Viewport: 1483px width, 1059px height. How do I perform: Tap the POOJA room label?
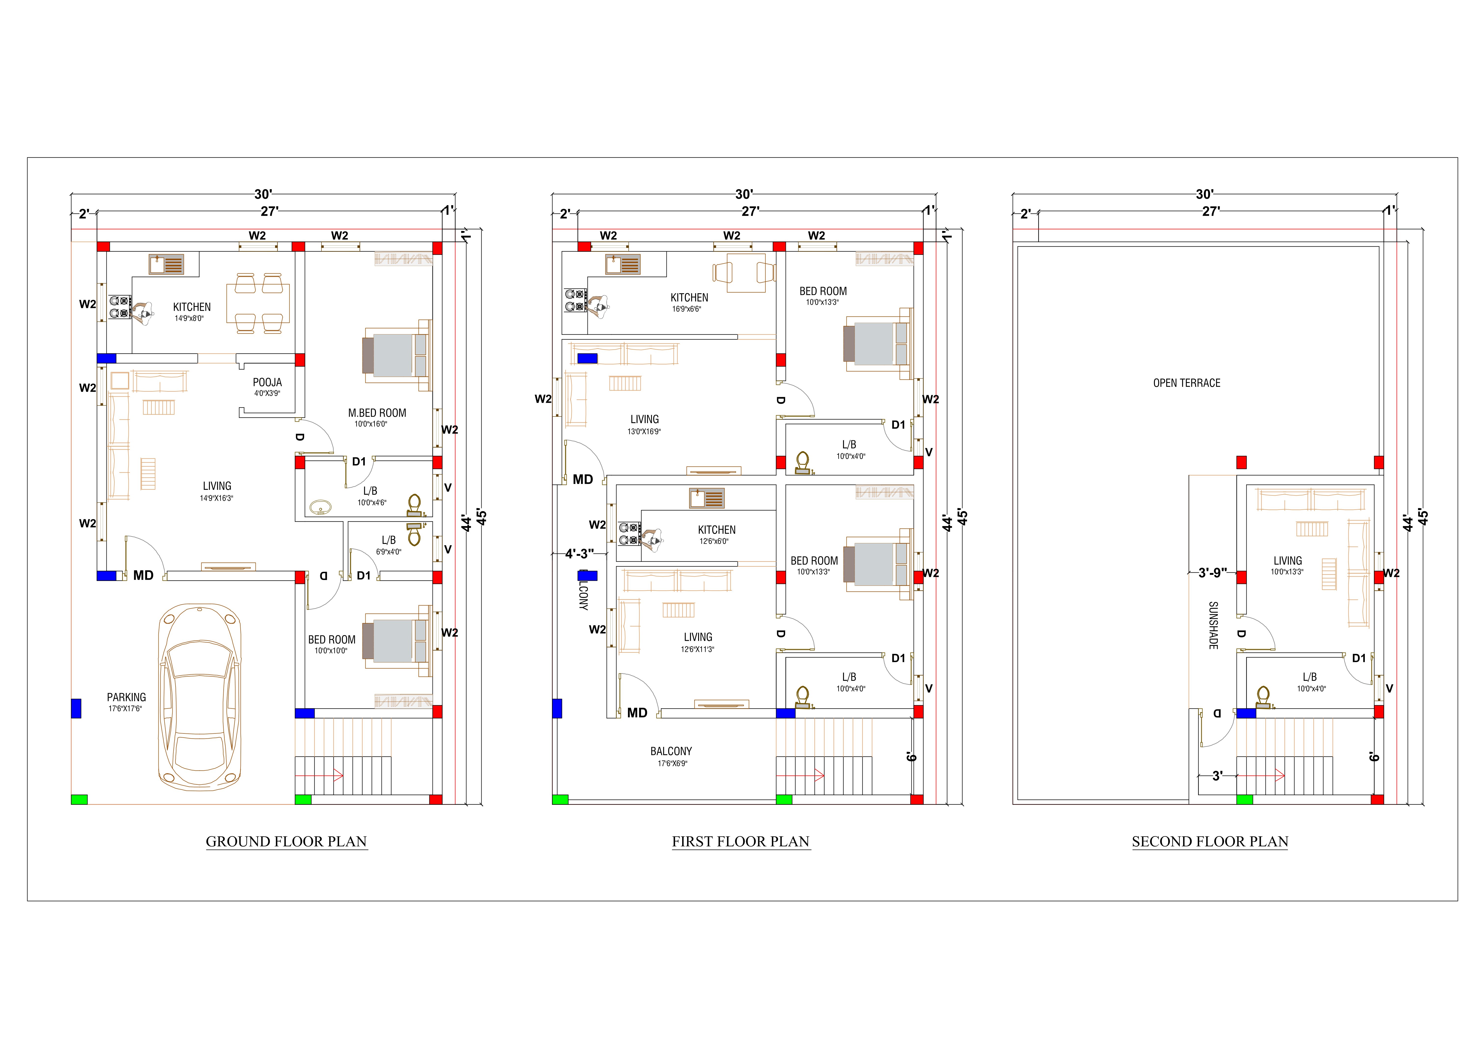point(267,383)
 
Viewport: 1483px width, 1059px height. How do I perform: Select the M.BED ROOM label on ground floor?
point(377,413)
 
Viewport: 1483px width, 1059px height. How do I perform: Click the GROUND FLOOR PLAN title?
point(286,841)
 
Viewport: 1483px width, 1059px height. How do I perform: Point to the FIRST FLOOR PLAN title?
point(741,841)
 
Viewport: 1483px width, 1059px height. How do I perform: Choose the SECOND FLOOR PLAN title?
point(1210,841)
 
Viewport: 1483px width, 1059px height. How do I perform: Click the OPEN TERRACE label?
point(1186,383)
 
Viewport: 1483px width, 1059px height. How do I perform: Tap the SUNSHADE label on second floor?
point(1213,625)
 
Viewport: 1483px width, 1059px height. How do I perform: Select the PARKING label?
point(127,697)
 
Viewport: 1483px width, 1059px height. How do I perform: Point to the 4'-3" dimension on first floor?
point(579,554)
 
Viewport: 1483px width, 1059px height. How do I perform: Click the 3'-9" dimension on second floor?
point(1212,573)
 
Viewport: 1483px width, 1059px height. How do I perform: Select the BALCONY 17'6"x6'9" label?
point(671,751)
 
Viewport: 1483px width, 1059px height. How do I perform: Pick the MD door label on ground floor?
point(143,575)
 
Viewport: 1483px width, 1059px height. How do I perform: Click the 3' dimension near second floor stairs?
point(1217,776)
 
